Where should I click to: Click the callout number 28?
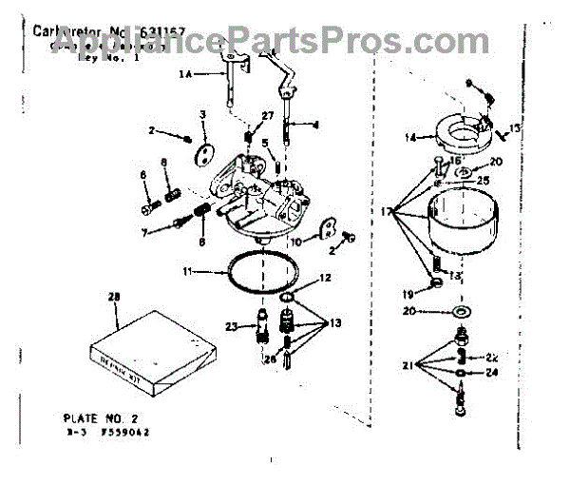tap(114, 298)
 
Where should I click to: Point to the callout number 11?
tap(188, 272)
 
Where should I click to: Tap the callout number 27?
tap(267, 116)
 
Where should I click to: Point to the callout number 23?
tap(229, 326)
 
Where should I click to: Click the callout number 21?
tap(408, 365)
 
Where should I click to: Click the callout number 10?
tap(295, 242)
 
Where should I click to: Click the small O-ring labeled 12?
tap(288, 301)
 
